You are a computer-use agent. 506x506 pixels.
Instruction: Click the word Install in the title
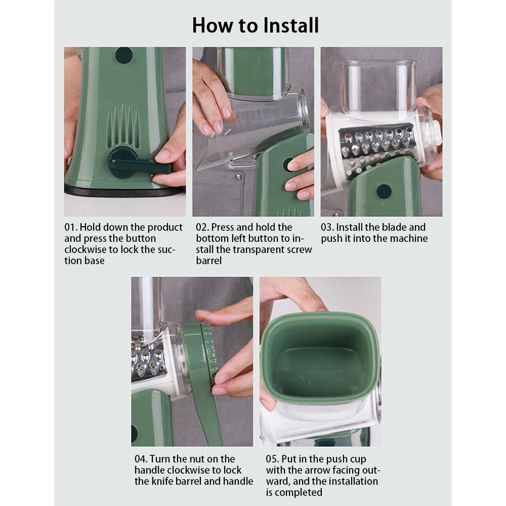coord(290,25)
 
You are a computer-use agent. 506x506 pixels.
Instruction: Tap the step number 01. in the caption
coord(71,227)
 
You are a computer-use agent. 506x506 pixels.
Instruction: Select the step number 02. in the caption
coord(202,227)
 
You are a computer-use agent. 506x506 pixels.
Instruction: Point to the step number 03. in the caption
coord(327,227)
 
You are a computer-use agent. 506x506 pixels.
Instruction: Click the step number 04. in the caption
coord(141,459)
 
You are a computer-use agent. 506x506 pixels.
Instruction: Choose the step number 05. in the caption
coord(272,459)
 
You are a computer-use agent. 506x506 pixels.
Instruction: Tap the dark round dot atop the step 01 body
coord(124,55)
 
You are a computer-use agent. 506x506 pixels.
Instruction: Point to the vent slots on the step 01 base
coord(123,126)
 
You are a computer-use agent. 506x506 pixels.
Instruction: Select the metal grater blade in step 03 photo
coord(376,147)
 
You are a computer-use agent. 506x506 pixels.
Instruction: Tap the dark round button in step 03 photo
coord(384,191)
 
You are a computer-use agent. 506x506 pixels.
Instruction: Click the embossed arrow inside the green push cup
coord(320,376)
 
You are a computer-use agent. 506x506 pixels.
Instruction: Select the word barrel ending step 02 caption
coord(209,261)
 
